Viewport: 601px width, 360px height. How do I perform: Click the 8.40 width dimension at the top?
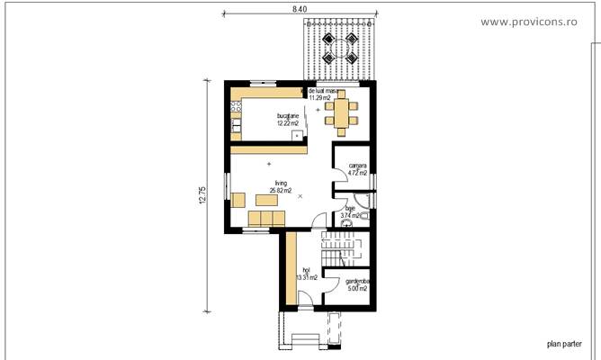click(300, 8)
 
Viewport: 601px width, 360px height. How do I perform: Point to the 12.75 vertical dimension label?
click(202, 195)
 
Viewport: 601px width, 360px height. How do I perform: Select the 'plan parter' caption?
click(563, 343)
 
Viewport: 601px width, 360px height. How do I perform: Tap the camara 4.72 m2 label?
click(357, 169)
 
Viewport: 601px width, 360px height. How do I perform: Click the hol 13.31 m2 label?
click(306, 274)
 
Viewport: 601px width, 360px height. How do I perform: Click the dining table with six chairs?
click(341, 112)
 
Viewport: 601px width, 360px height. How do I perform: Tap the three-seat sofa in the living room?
click(265, 220)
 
